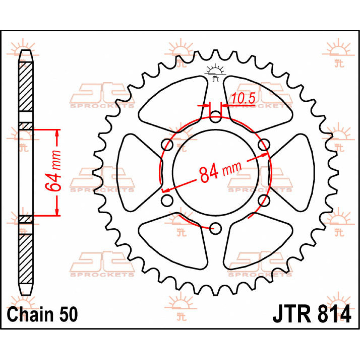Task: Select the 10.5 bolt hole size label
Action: (243, 98)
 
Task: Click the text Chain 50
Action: (42, 315)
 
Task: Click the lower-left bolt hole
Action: (167, 200)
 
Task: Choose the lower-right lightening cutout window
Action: (258, 243)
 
